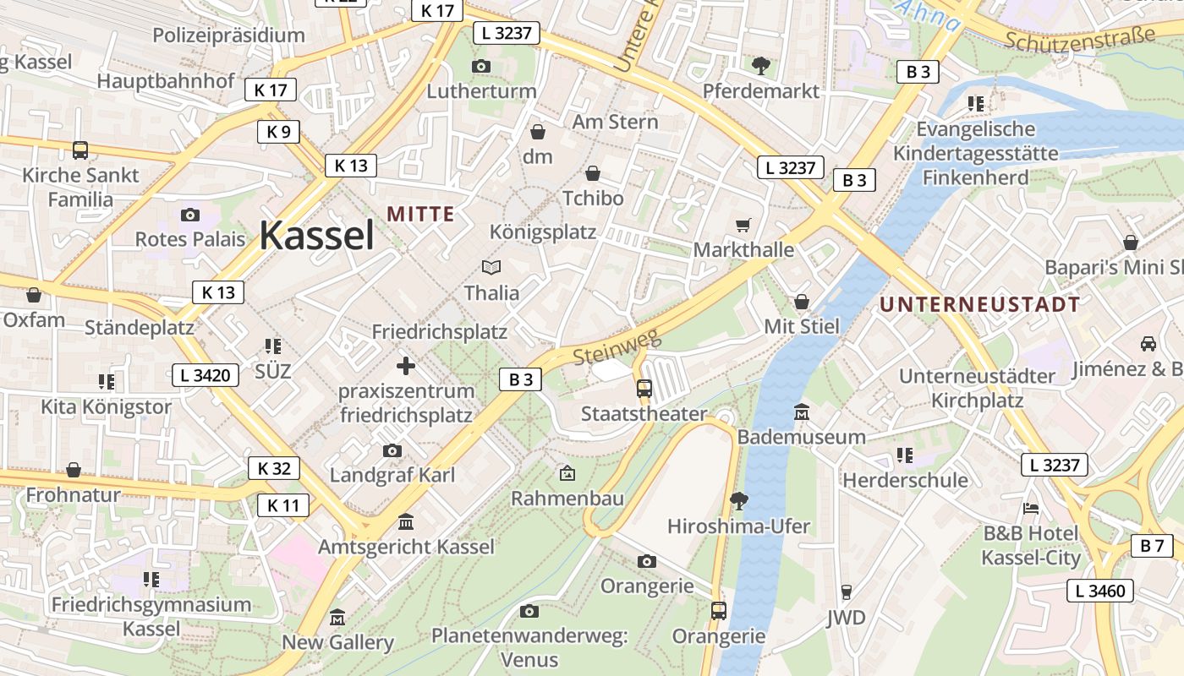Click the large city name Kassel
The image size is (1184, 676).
pos(316,235)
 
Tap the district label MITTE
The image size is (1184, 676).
pos(421,214)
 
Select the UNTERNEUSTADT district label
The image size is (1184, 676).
pos(980,304)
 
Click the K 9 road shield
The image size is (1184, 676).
pos(278,132)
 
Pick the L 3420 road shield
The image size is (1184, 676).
pos(206,375)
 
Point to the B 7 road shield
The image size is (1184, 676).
pos(1152,546)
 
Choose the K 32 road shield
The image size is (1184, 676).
pos(274,468)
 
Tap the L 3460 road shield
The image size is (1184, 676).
pos(1100,591)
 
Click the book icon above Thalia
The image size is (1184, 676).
pos(491,268)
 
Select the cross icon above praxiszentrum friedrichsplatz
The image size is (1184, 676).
pos(406,366)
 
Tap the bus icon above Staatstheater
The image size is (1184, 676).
pos(644,389)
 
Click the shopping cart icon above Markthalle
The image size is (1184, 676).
pos(743,225)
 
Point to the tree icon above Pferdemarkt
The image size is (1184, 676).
pos(761,65)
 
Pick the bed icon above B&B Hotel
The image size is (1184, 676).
pos(1031,509)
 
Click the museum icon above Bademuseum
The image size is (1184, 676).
pos(802,412)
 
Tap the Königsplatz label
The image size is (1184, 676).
pos(543,232)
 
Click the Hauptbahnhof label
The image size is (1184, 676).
pos(166,81)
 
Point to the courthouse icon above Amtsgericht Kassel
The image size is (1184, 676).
pos(406,521)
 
